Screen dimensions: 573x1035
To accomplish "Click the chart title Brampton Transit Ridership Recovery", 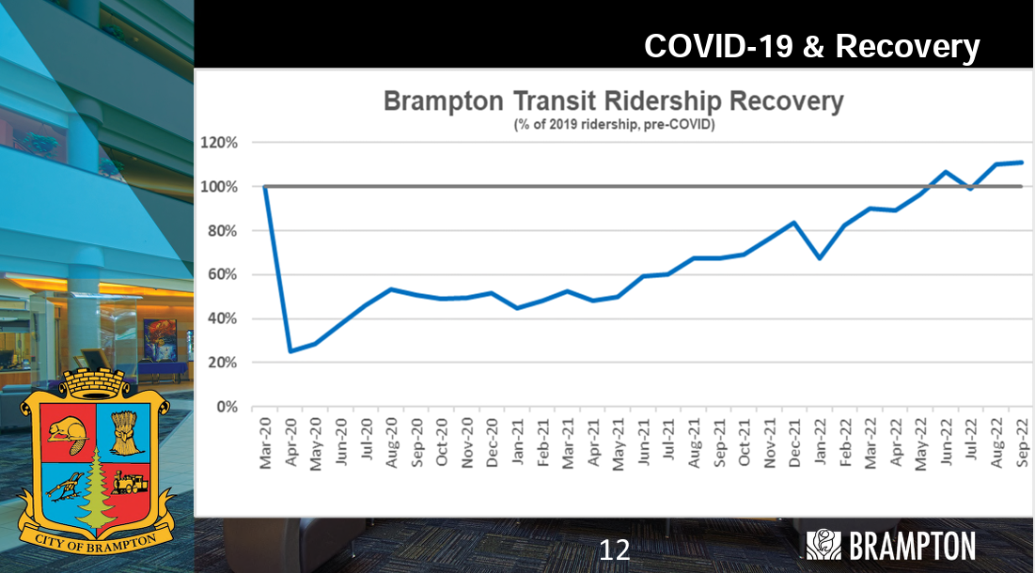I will coord(614,101).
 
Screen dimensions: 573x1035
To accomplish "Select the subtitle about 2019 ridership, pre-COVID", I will coord(614,124).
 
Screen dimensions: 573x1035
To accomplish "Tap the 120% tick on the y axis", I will coord(219,143).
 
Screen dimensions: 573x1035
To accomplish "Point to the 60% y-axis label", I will coord(222,275).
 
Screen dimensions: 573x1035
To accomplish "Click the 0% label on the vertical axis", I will coord(226,407).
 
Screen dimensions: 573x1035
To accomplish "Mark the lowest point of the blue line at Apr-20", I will coord(290,351).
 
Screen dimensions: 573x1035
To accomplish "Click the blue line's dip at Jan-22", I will coord(821,257).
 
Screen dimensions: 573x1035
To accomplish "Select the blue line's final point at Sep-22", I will coord(1022,163).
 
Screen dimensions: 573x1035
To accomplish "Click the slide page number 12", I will coord(614,550).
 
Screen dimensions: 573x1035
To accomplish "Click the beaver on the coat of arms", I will coord(65,433).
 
